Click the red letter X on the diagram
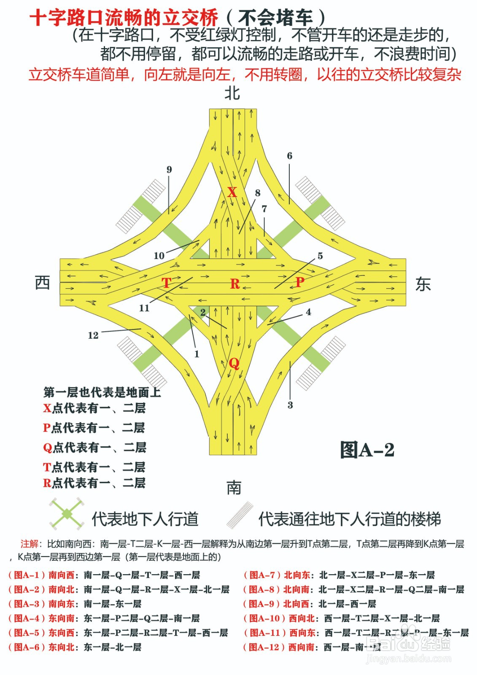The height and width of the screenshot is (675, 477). (232, 192)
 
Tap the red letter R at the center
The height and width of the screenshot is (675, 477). (235, 284)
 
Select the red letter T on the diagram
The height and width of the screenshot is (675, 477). (167, 283)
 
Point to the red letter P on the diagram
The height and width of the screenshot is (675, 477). (299, 281)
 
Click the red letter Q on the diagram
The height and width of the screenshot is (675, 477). (234, 363)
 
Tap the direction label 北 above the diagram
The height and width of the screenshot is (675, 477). (232, 93)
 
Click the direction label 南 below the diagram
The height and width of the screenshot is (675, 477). (234, 488)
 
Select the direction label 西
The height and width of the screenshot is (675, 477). (42, 283)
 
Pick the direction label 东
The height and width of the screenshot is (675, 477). (423, 284)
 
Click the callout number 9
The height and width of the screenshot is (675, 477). (169, 170)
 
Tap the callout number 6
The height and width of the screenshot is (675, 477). (289, 156)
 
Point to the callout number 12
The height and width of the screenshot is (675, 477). (93, 335)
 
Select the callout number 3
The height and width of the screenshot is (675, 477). (290, 405)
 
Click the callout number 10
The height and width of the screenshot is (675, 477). (159, 256)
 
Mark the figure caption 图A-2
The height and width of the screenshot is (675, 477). (367, 450)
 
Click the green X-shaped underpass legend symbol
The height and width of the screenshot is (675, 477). (67, 514)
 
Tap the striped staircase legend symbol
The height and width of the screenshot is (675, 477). (240, 515)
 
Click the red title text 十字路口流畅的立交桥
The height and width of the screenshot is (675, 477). (124, 18)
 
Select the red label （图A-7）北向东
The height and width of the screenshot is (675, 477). (277, 575)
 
